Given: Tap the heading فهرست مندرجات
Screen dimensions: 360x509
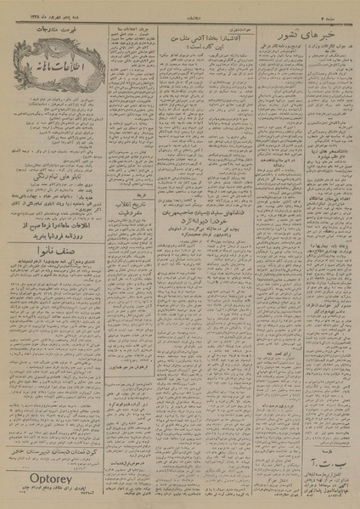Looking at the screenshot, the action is point(51,30).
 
